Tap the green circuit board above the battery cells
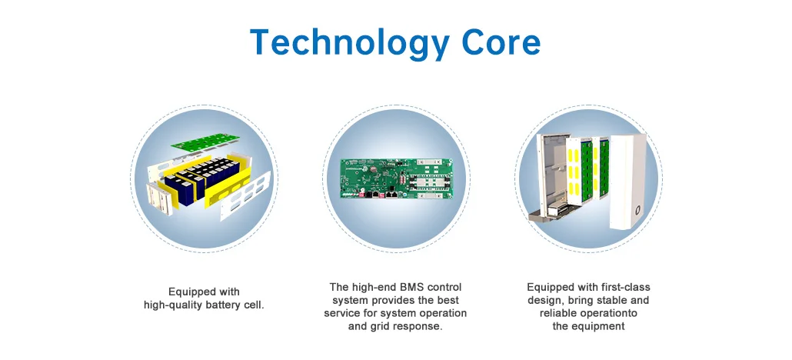pyautogui.click(x=205, y=142)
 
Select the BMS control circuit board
pyautogui.click(x=395, y=178)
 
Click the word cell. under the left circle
pyautogui.click(x=254, y=305)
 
